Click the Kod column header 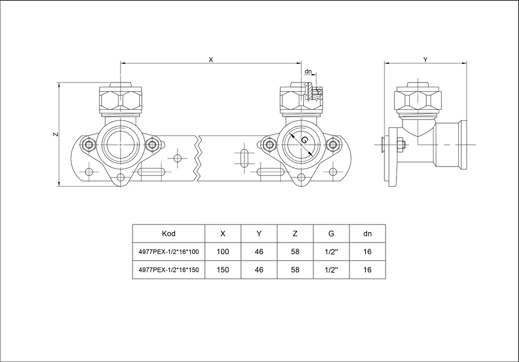(169, 233)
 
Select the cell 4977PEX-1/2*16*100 (169, 252)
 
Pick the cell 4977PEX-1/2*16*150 (169, 270)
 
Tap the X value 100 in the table (223, 252)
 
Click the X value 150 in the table (223, 270)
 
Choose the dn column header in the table (368, 233)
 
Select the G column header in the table (331, 233)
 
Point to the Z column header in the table (295, 233)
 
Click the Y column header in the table (259, 233)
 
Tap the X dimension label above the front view (211, 60)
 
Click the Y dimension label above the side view (425, 60)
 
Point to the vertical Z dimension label (56, 134)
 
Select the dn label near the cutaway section (308, 72)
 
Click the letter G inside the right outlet (304, 140)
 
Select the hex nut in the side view (400, 145)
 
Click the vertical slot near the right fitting (244, 158)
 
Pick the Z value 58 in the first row (295, 252)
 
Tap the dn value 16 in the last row (368, 270)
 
